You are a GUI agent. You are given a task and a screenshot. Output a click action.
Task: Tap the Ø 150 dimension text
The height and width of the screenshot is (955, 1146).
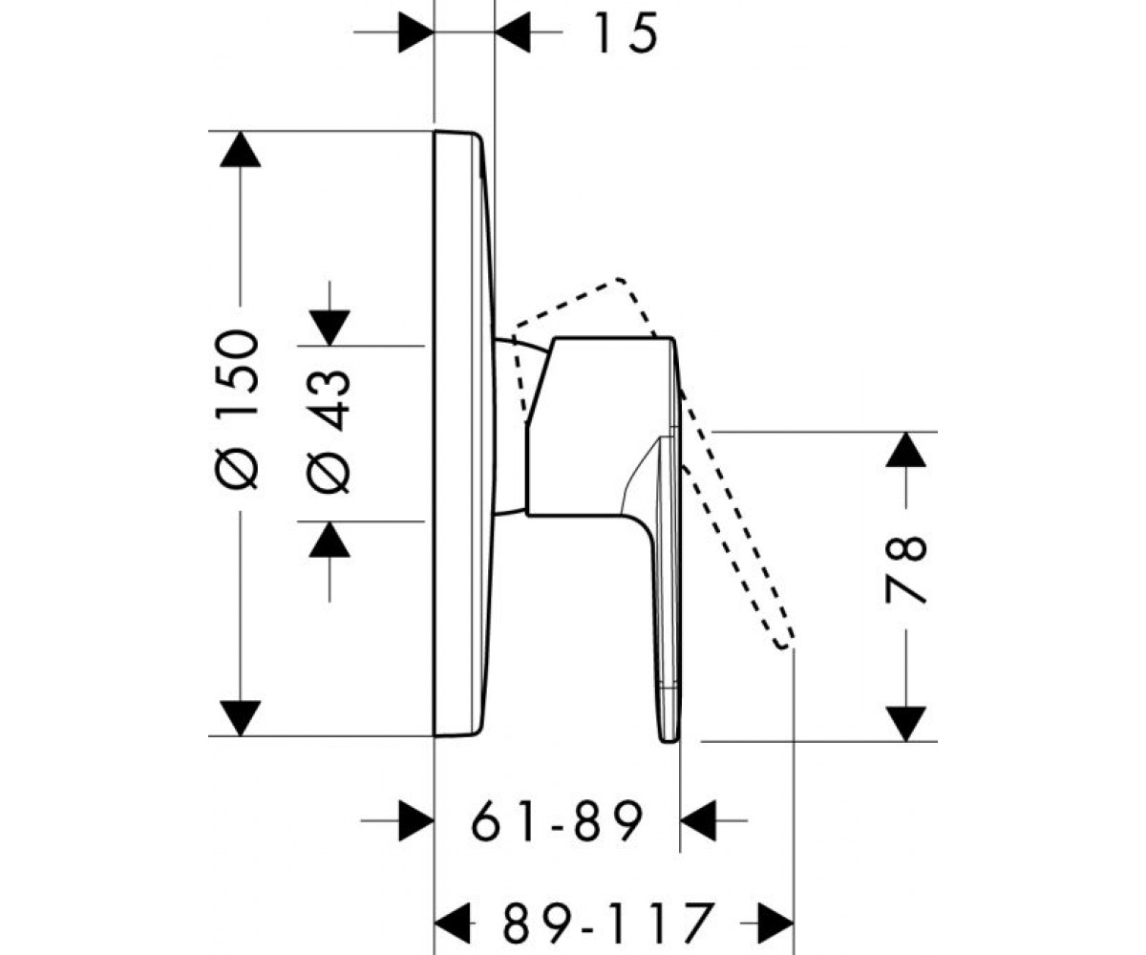[x=237, y=409]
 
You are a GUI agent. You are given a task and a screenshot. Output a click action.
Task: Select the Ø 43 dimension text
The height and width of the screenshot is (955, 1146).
[x=329, y=432]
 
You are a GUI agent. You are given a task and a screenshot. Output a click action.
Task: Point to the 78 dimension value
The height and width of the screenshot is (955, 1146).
[x=905, y=570]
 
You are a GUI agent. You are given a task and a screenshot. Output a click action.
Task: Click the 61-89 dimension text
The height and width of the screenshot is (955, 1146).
[x=557, y=820]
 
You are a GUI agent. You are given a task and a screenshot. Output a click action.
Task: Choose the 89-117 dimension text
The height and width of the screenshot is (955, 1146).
[x=610, y=922]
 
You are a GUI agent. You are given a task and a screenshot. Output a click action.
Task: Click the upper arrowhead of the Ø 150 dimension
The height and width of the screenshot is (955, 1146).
[x=240, y=149]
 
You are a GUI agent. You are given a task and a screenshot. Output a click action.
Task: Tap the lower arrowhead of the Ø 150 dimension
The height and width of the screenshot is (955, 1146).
[x=240, y=718]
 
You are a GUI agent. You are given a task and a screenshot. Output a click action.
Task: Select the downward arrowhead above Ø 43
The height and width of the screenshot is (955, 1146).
[x=329, y=329]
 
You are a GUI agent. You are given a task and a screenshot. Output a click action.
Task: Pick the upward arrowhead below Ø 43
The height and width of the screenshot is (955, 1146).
[x=329, y=539]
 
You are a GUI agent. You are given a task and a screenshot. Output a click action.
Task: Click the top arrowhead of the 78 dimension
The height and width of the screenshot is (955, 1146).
[x=905, y=450]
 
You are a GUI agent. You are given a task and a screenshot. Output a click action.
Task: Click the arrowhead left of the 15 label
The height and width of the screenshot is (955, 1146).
[x=416, y=32]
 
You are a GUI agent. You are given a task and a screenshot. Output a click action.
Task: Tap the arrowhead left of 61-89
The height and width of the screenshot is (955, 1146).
[x=416, y=820]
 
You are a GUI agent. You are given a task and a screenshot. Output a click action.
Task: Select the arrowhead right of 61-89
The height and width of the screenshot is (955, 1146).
[x=698, y=820]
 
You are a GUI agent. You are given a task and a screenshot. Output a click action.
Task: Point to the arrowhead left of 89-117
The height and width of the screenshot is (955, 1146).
[x=453, y=922]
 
